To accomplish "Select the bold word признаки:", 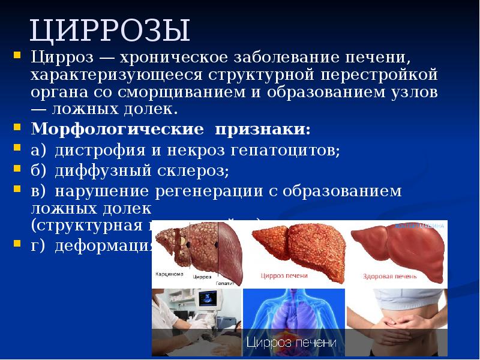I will point(264,129).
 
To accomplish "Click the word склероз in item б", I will point(195,170).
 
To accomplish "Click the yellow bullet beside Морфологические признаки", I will point(17,128).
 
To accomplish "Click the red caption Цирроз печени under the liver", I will point(284,276).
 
